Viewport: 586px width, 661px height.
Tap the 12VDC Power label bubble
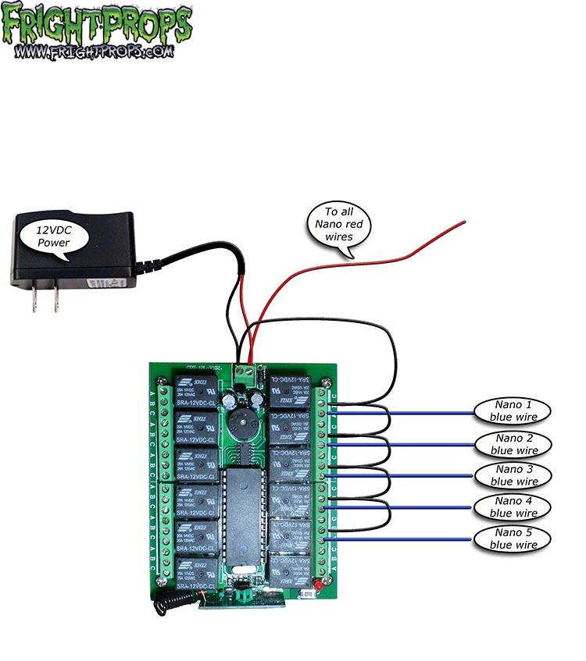pyautogui.click(x=53, y=235)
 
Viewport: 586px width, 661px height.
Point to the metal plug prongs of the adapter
pyautogui.click(x=45, y=299)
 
